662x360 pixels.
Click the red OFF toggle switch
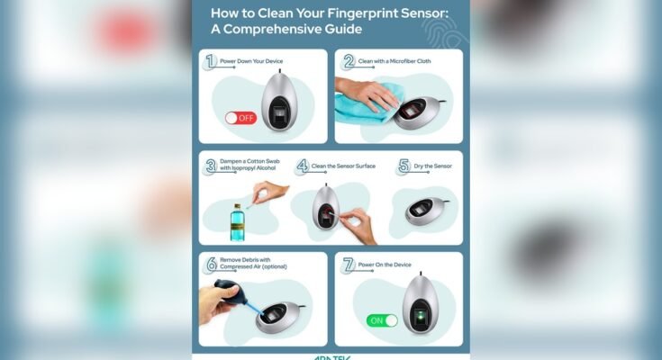pos(240,118)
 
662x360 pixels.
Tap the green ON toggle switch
pos(382,320)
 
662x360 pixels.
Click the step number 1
pos(211,62)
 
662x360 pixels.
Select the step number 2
pos(347,62)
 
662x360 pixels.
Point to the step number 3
pos(211,166)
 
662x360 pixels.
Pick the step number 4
pos(303,166)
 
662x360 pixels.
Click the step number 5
pos(403,166)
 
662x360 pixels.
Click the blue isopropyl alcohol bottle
pos(237,220)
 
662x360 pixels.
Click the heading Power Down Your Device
pos(256,62)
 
